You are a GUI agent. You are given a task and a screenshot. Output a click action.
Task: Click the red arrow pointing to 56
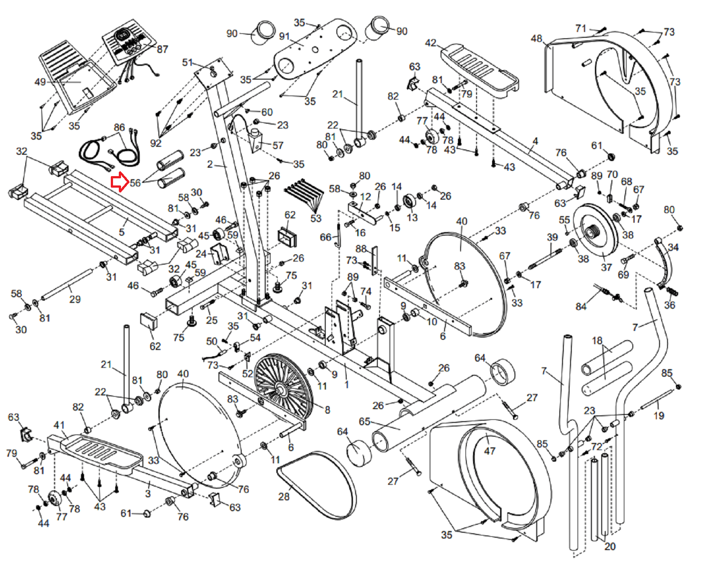click(x=119, y=182)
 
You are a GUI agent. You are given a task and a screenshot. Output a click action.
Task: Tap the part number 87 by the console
click(x=162, y=49)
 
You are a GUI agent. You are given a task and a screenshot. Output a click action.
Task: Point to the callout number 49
click(x=40, y=82)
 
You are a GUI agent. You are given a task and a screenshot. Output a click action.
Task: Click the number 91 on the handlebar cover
click(x=284, y=36)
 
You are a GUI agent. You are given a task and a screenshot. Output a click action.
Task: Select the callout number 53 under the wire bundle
click(x=316, y=218)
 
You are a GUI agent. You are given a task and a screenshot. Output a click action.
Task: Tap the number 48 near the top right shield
click(x=536, y=39)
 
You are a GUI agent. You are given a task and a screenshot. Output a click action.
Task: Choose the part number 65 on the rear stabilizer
click(x=364, y=421)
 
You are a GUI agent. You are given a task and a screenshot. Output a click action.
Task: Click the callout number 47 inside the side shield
click(x=489, y=451)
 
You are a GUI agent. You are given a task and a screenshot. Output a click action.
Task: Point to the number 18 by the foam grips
click(x=597, y=341)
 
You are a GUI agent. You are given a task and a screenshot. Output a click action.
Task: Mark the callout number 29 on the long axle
click(x=75, y=299)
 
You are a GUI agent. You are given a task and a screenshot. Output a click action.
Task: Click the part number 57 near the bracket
click(x=278, y=145)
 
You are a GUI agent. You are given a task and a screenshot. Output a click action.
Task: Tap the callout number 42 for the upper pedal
click(x=430, y=43)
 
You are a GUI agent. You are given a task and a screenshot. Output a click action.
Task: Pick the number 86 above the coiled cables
click(x=119, y=128)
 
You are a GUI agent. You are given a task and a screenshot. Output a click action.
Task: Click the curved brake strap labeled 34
click(x=666, y=262)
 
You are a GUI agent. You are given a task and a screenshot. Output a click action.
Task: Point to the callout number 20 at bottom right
click(x=610, y=546)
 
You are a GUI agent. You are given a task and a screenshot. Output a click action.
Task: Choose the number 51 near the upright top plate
click(x=187, y=63)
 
